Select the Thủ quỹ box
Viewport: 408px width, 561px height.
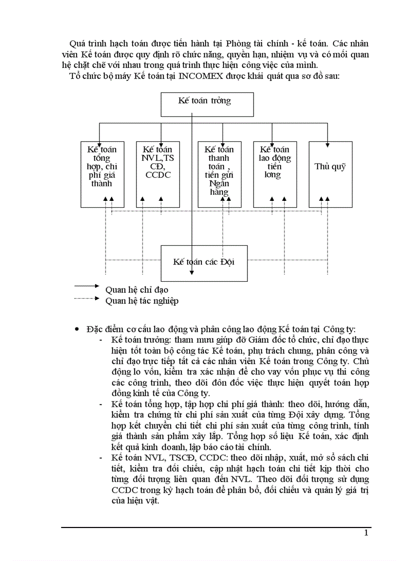pyautogui.click(x=330, y=173)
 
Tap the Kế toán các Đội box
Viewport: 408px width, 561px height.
pyautogui.click(x=204, y=262)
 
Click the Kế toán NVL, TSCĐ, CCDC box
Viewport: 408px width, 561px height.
pyautogui.click(x=157, y=173)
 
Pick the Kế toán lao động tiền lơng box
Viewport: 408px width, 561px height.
pyautogui.click(x=274, y=173)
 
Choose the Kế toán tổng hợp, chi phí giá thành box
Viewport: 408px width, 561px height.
pyautogui.click(x=102, y=173)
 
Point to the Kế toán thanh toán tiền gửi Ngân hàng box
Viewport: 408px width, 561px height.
pyautogui.click(x=219, y=173)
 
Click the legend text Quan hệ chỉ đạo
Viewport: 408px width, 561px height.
pyautogui.click(x=136, y=290)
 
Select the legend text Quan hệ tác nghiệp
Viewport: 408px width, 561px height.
pyautogui.click(x=141, y=301)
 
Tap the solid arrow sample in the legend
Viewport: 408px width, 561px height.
pyautogui.click(x=87, y=286)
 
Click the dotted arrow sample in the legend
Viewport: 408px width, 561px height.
pyautogui.click(x=87, y=298)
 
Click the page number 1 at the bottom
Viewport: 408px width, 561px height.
pyautogui.click(x=366, y=533)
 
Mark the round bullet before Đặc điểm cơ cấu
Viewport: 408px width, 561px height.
pyautogui.click(x=76, y=329)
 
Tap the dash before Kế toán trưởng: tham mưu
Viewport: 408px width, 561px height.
pyautogui.click(x=102, y=340)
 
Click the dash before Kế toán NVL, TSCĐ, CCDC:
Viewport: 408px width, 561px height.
pyautogui.click(x=102, y=458)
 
